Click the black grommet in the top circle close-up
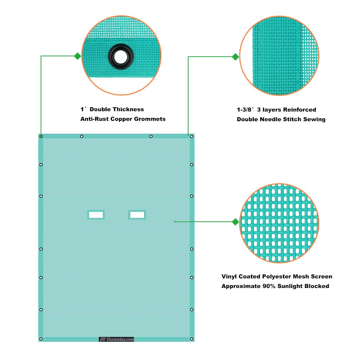pyautogui.click(x=121, y=57)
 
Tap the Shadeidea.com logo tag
pyautogui.click(x=117, y=339)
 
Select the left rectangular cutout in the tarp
pyautogui.click(x=96, y=215)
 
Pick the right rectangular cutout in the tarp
pyautogui.click(x=137, y=215)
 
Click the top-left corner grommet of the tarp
pyautogui.click(x=41, y=136)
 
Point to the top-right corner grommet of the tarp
pyautogui.click(x=192, y=136)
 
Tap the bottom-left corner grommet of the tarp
pyautogui.click(x=41, y=339)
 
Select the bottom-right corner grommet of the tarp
pyautogui.click(x=192, y=339)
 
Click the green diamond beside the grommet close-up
pyautogui.click(x=78, y=56)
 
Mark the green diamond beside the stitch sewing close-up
pyautogui.click(x=235, y=57)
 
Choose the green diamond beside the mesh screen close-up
pyautogui.click(x=235, y=222)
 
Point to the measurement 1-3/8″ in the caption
pyautogui.click(x=246, y=109)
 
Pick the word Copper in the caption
pyautogui.click(x=121, y=119)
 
